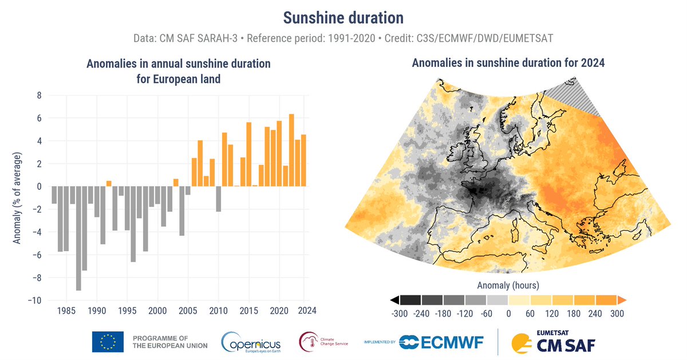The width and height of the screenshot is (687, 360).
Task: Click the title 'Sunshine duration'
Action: (x=343, y=17)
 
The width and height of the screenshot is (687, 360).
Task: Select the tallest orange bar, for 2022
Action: (x=291, y=150)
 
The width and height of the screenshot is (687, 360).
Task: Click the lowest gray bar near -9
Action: (x=78, y=238)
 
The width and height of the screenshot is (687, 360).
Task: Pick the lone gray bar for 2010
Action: (x=218, y=199)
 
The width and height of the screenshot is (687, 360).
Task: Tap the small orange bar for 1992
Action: (x=109, y=183)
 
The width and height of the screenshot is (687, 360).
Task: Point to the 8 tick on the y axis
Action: (x=39, y=96)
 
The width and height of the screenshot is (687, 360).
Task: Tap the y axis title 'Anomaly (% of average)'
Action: (x=17, y=198)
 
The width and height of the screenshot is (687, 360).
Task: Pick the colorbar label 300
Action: (x=617, y=314)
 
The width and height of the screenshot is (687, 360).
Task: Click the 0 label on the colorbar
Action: (x=508, y=314)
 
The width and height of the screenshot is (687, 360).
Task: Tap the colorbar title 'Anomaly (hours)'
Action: (x=508, y=284)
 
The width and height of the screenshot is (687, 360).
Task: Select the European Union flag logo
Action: (x=108, y=342)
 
